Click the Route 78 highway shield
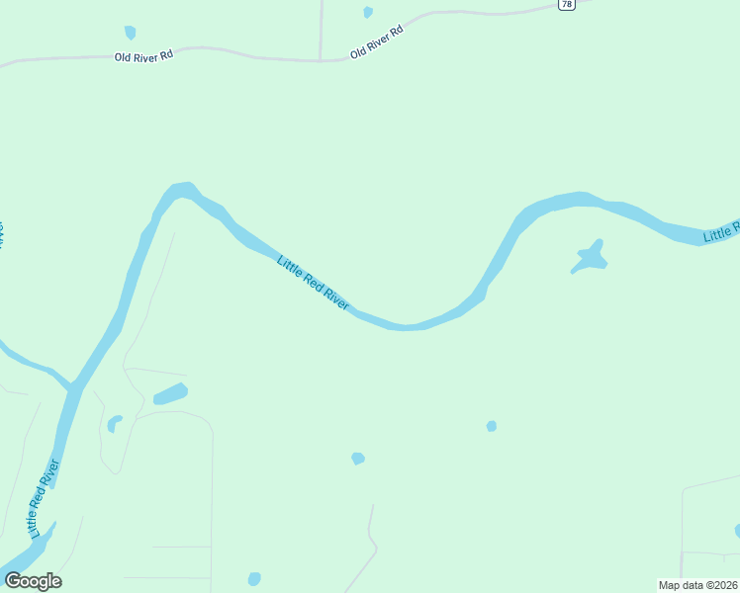click(x=566, y=5)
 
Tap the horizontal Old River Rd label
click(x=144, y=56)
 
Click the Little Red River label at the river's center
click(x=313, y=284)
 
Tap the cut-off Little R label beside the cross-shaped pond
click(x=722, y=232)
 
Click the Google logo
click(x=33, y=581)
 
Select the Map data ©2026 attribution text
click(x=698, y=585)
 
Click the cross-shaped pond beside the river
click(x=591, y=257)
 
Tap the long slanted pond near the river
click(x=170, y=393)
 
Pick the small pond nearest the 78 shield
click(x=368, y=12)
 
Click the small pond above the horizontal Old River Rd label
click(x=130, y=33)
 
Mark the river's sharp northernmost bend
click(x=180, y=189)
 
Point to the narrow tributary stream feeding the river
click(x=30, y=364)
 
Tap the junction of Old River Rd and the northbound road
click(x=321, y=60)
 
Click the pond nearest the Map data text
click(x=737, y=531)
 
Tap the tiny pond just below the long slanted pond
click(x=115, y=423)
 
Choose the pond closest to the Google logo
click(x=254, y=579)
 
